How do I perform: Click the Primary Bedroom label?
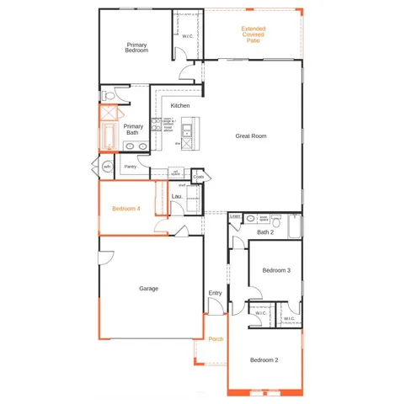[x=137, y=47]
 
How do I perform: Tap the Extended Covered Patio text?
[x=253, y=35]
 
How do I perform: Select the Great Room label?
[x=250, y=135]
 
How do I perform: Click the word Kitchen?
[x=180, y=105]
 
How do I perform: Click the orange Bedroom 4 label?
[x=126, y=208]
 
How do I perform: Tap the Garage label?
[x=148, y=289]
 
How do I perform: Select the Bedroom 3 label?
[x=276, y=270]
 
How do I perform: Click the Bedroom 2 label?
[x=264, y=359]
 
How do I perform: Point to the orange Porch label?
[x=216, y=338]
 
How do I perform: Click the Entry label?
[x=215, y=293]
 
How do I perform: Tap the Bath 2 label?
[x=266, y=232]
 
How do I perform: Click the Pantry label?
[x=131, y=167]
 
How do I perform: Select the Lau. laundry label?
[x=177, y=196]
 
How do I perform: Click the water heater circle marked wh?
[x=107, y=167]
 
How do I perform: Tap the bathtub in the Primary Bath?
[x=108, y=136]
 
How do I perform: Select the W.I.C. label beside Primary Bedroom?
[x=188, y=36]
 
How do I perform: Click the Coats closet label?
[x=199, y=177]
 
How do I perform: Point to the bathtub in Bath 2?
[x=294, y=226]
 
